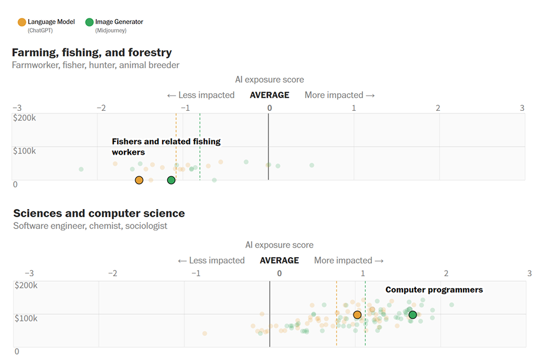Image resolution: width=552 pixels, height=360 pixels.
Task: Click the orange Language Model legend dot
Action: [22, 22]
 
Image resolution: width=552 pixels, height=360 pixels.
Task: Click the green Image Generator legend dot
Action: [89, 22]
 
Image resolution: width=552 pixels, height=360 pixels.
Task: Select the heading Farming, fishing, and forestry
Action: [92, 52]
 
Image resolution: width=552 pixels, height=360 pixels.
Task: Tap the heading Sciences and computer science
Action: [98, 213]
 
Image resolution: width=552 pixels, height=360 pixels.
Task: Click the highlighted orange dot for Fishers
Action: [139, 180]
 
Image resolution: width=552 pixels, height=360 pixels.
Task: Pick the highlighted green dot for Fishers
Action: [171, 180]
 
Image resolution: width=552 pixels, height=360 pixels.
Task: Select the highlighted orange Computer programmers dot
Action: [357, 315]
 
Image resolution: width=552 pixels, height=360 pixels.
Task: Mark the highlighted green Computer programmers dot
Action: [412, 315]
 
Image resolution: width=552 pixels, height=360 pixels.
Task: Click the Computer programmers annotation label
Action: [434, 290]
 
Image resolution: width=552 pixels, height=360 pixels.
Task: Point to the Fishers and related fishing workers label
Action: [166, 147]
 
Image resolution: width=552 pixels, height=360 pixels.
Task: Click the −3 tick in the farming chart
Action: [17, 108]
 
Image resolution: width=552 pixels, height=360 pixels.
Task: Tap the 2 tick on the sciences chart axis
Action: [446, 273]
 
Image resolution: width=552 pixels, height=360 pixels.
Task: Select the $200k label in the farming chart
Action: [25, 118]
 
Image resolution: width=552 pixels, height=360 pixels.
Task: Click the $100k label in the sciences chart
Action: [26, 318]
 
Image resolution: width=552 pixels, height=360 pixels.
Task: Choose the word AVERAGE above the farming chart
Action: [270, 95]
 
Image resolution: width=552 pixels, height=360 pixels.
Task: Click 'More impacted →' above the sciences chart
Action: [349, 260]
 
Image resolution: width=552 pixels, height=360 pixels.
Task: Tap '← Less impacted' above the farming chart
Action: [200, 95]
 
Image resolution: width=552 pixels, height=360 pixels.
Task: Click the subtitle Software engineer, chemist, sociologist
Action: [90, 226]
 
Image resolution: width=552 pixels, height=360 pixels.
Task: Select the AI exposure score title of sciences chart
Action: [279, 245]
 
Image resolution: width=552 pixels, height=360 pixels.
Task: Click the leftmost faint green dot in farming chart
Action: [81, 169]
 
